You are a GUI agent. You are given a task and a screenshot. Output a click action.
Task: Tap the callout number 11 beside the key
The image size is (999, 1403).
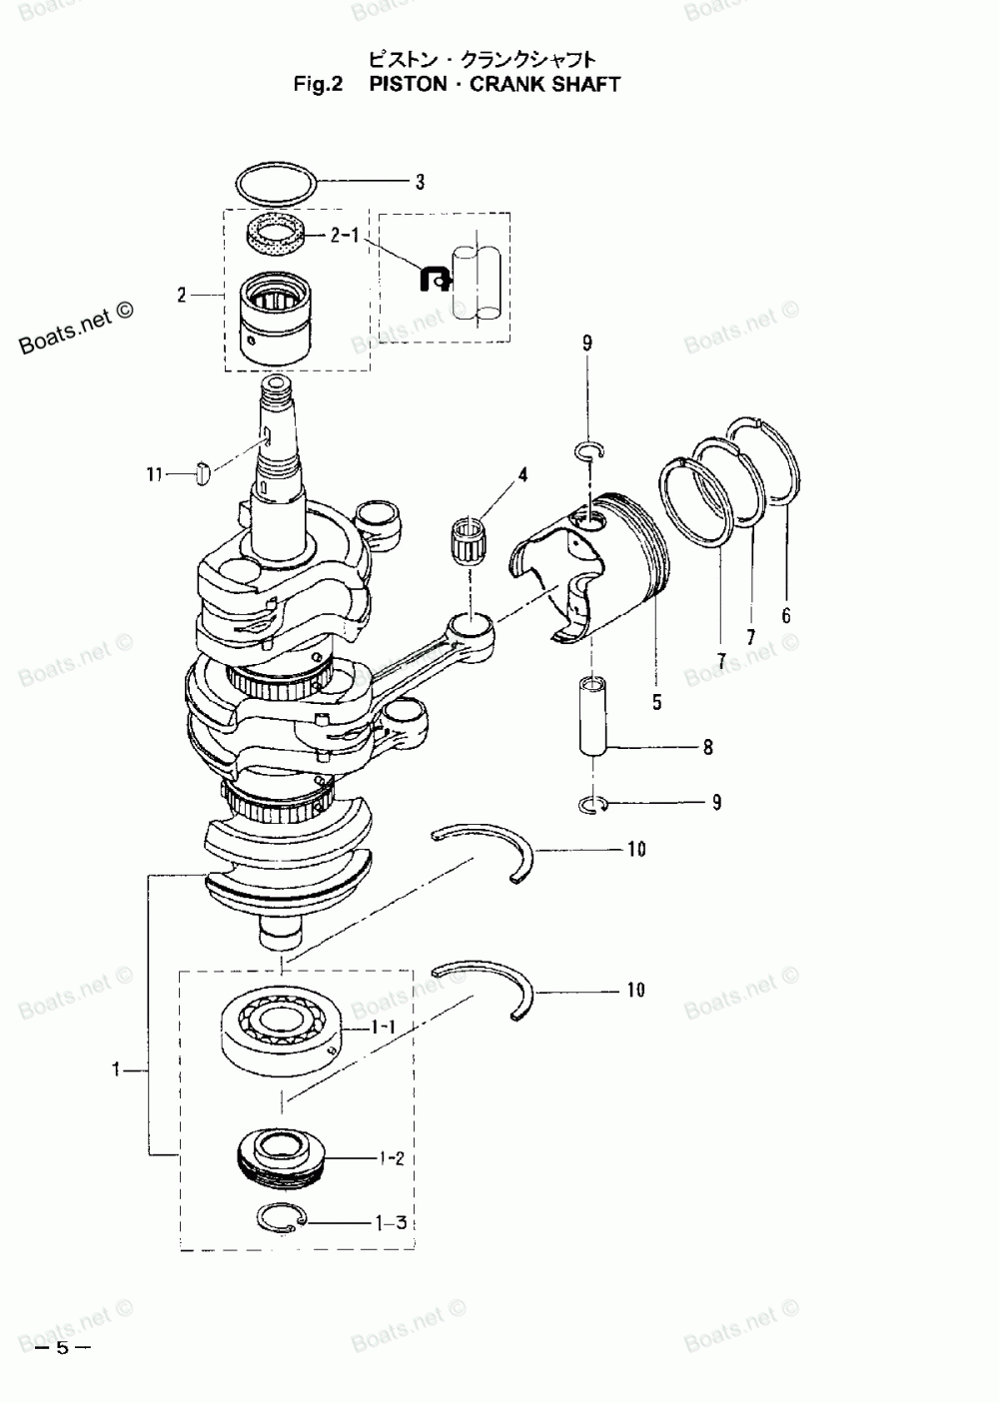[153, 474]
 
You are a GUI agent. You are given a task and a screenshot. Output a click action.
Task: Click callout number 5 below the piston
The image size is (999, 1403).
[656, 702]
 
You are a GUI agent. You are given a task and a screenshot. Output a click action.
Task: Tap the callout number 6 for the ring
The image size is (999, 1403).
[786, 616]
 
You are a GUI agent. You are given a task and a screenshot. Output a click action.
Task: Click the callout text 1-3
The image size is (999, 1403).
[391, 1222]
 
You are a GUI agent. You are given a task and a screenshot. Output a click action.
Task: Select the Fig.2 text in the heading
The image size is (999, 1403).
[318, 84]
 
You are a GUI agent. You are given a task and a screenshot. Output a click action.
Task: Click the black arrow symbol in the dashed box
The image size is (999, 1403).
[435, 280]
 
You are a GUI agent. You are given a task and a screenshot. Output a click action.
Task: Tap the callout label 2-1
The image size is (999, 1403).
[345, 236]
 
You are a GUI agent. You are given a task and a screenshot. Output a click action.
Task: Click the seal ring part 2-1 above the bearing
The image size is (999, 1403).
[276, 234]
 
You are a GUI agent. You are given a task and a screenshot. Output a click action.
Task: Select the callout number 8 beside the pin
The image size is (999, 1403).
[707, 746]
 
